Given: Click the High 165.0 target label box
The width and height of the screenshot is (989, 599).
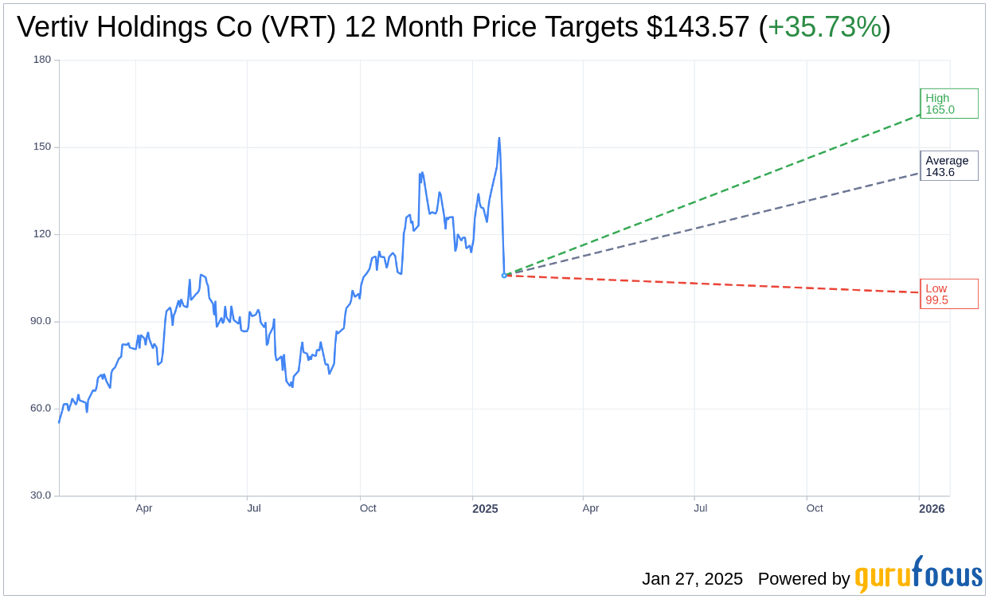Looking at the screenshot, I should click(948, 104).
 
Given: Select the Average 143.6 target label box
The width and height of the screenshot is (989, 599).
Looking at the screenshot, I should click(948, 166).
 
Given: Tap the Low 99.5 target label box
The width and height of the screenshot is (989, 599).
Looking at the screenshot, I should click(948, 294).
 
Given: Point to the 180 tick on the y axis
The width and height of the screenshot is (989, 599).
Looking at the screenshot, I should click(42, 60).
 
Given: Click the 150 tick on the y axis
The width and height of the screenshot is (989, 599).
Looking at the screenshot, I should click(42, 147).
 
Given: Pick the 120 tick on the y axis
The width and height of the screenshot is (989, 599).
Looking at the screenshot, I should click(42, 234).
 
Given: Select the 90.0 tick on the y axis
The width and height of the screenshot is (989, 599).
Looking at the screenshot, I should click(41, 321).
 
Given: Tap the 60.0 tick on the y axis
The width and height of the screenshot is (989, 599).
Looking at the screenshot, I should click(41, 408).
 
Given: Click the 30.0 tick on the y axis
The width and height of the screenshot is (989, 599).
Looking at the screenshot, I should click(41, 495).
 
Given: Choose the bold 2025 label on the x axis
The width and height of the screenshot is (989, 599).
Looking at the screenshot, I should click(485, 508).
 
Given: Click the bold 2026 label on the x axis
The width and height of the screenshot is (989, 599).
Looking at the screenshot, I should click(932, 508).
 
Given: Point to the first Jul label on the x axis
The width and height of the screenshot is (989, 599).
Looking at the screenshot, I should click(253, 508).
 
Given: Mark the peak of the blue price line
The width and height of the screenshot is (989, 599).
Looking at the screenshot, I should click(499, 138).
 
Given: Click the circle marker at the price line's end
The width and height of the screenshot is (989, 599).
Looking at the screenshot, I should click(504, 275).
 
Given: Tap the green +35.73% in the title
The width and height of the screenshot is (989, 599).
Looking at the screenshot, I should click(824, 27).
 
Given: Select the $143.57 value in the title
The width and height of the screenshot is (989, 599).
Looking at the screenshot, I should click(698, 27).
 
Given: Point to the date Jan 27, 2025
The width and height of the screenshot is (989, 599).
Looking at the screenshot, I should click(692, 579).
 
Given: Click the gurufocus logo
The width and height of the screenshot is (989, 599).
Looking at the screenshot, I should click(918, 575).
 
